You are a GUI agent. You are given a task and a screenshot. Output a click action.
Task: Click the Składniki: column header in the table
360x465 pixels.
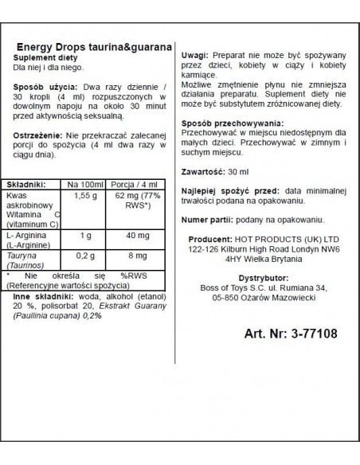coord(29,182)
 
